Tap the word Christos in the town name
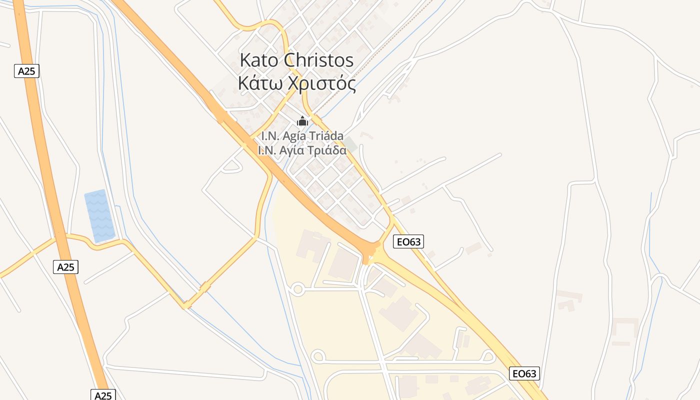[x=318, y=60]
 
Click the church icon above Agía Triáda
[x=302, y=121]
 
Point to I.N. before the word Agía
[x=270, y=135]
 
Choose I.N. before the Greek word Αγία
[x=266, y=150]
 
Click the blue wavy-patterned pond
[x=99, y=216]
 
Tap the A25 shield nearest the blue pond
[x=65, y=267]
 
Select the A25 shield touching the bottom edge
[x=103, y=395]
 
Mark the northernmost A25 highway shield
[x=26, y=71]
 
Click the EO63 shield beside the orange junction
[x=408, y=242]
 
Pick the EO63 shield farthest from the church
[x=524, y=373]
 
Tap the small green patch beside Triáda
[x=351, y=145]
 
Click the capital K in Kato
[x=245, y=60]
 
